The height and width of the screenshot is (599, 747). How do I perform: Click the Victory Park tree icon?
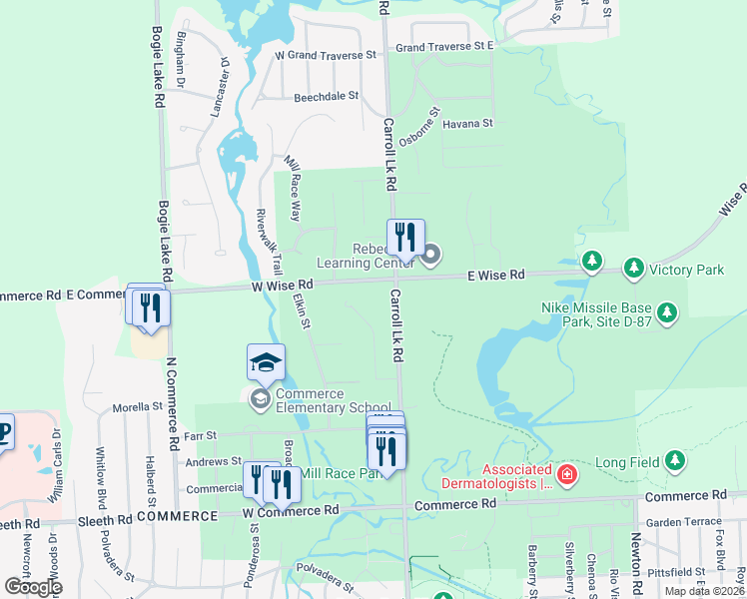pos(633,268)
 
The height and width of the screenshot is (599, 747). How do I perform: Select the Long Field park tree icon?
pos(676,460)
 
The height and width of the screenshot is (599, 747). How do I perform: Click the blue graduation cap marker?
pos(267,362)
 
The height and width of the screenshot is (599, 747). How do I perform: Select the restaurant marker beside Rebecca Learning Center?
pos(405,238)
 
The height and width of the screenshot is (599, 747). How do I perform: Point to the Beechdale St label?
pos(327,98)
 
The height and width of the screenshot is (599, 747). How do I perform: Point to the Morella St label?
pos(137,407)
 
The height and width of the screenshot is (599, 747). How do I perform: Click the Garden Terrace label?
pos(683,522)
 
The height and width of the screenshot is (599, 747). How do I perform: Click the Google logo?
pos(33,587)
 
